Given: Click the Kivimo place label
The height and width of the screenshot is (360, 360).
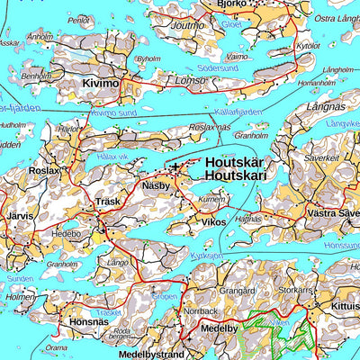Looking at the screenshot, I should [100, 84].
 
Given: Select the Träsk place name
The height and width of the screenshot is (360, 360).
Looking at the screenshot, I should [109, 203].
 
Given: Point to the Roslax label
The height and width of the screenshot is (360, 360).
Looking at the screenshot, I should [44, 170].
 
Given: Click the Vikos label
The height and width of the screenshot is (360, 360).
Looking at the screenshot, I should [213, 220].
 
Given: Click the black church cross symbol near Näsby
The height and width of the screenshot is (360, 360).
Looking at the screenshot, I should [174, 167].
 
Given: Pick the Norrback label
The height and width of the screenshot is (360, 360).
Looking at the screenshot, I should [200, 311].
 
